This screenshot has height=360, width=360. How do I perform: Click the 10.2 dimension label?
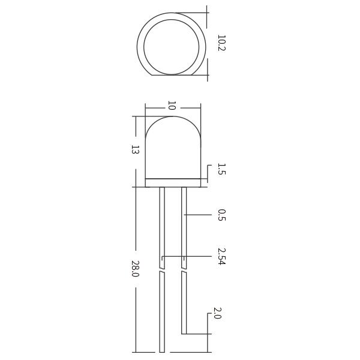(x=221, y=43)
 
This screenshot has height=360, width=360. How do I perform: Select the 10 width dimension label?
(x=172, y=106)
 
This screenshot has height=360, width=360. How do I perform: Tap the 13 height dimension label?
(x=136, y=149)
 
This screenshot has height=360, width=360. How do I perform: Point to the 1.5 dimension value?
(x=221, y=169)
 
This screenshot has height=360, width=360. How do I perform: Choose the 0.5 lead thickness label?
(x=221, y=215)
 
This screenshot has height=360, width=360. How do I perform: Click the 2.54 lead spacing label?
(x=221, y=256)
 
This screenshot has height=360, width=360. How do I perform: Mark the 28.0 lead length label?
(x=136, y=269)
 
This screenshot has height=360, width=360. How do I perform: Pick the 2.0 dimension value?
(x=217, y=313)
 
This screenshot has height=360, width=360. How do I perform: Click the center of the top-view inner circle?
(x=172, y=47)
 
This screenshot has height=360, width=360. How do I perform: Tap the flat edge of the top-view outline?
(x=174, y=75)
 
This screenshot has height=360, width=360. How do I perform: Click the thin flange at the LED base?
(x=173, y=182)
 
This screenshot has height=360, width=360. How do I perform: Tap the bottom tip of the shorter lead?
(x=184, y=333)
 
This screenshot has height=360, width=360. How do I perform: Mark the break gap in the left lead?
(x=162, y=270)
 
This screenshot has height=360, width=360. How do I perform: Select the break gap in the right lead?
(x=184, y=270)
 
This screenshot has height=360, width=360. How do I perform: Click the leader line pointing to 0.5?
(x=198, y=214)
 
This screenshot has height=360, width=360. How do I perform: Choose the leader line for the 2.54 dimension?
(x=192, y=257)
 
